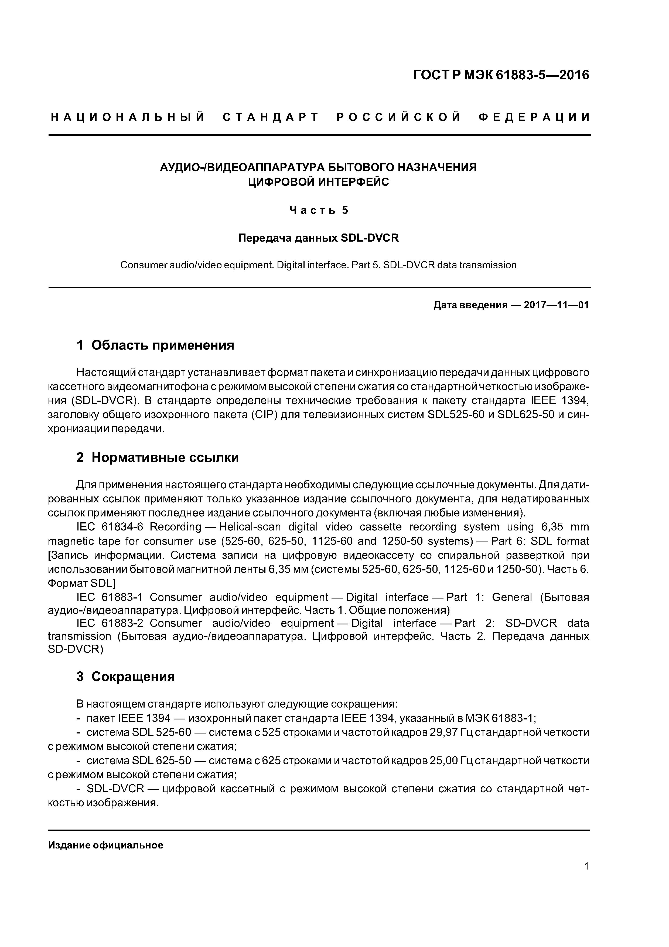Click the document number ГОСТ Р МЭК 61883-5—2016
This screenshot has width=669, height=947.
501,75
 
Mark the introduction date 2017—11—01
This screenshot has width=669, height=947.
556,305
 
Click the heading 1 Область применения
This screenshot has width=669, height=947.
155,345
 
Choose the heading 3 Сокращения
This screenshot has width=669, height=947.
125,677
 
